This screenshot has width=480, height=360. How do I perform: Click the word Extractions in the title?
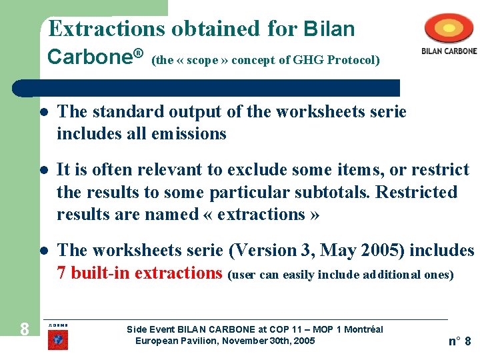[108, 29]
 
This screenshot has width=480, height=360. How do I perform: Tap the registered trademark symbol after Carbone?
[139, 53]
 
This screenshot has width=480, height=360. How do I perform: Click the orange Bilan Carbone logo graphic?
[450, 29]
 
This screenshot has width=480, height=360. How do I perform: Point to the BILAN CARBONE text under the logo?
[449, 51]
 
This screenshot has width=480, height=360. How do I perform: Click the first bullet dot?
[43, 112]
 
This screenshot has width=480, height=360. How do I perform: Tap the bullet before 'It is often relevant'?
[43, 171]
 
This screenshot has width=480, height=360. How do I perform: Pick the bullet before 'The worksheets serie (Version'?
[43, 251]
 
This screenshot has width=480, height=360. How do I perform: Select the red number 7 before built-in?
[61, 273]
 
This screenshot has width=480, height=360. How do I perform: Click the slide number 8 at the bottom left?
[24, 329]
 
